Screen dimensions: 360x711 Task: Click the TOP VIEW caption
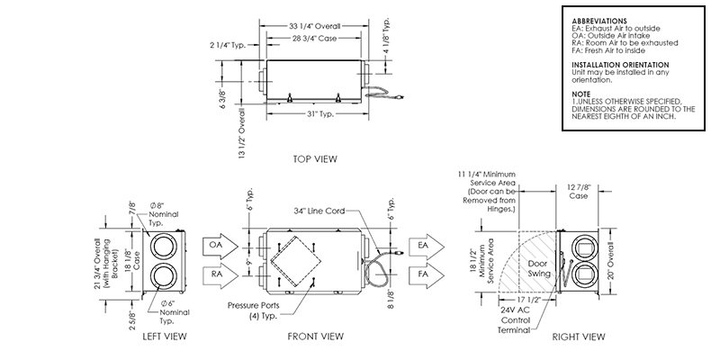tap(314, 159)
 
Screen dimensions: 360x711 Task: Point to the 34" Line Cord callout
tap(322, 212)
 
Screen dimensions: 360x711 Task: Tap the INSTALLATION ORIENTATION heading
tap(620, 66)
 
